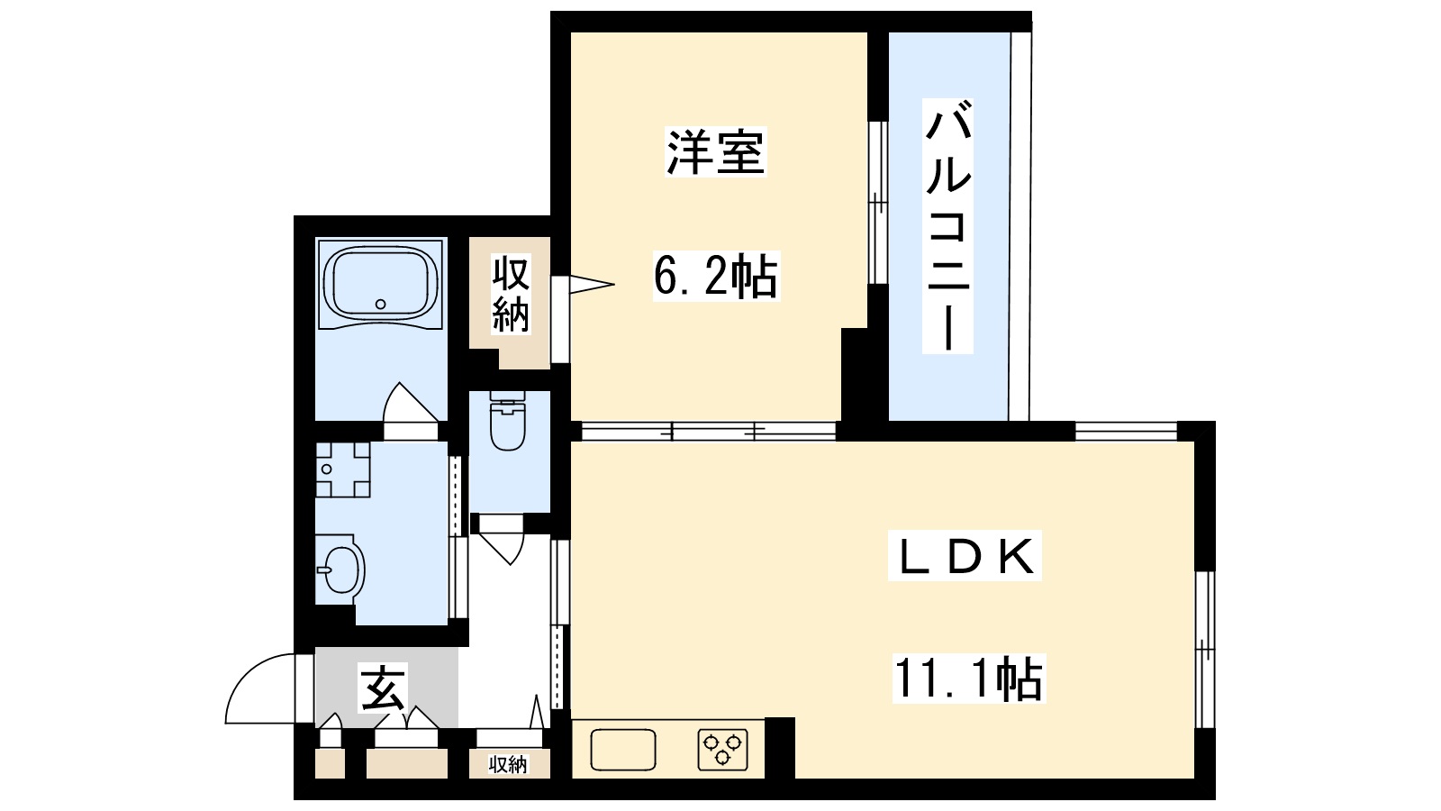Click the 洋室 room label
(x=715, y=152)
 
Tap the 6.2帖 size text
(x=715, y=276)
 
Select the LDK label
(x=965, y=557)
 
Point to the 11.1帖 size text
(x=968, y=679)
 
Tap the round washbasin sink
(x=340, y=568)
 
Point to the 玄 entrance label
(x=384, y=688)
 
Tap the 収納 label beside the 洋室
(x=510, y=294)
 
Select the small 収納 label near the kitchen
(x=507, y=765)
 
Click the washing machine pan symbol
(x=342, y=469)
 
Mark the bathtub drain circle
(x=381, y=304)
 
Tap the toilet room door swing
(x=501, y=540)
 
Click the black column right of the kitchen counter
(x=780, y=747)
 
